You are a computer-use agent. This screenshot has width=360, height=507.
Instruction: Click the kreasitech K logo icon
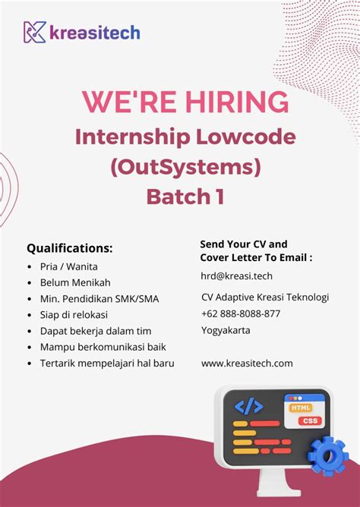tap(35, 32)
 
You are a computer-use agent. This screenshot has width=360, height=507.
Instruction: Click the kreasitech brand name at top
tap(95, 33)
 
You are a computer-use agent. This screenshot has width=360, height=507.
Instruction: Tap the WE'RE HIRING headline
tap(185, 102)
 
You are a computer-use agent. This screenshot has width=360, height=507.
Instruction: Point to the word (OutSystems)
tap(185, 166)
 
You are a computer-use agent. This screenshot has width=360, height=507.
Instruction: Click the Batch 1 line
tap(185, 197)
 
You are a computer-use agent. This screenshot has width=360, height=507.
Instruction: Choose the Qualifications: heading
tap(70, 248)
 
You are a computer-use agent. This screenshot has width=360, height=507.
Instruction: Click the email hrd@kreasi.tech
tap(237, 276)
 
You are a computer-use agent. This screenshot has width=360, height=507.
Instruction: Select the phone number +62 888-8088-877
tap(241, 313)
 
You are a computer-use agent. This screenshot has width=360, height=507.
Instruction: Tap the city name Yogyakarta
tap(226, 330)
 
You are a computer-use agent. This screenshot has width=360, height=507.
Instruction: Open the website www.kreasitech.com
tap(247, 364)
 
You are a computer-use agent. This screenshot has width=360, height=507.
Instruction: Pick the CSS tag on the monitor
tap(309, 420)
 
